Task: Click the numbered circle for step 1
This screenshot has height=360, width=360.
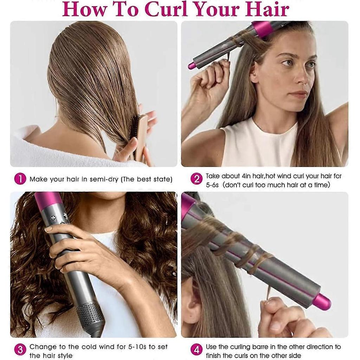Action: coord(20,179)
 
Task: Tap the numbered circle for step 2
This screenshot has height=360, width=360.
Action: coord(197,179)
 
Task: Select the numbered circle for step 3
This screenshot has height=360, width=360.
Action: coord(20,350)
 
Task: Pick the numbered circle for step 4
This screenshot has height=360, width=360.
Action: coord(197,350)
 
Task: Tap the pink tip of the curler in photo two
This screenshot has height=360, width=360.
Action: coord(192,66)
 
